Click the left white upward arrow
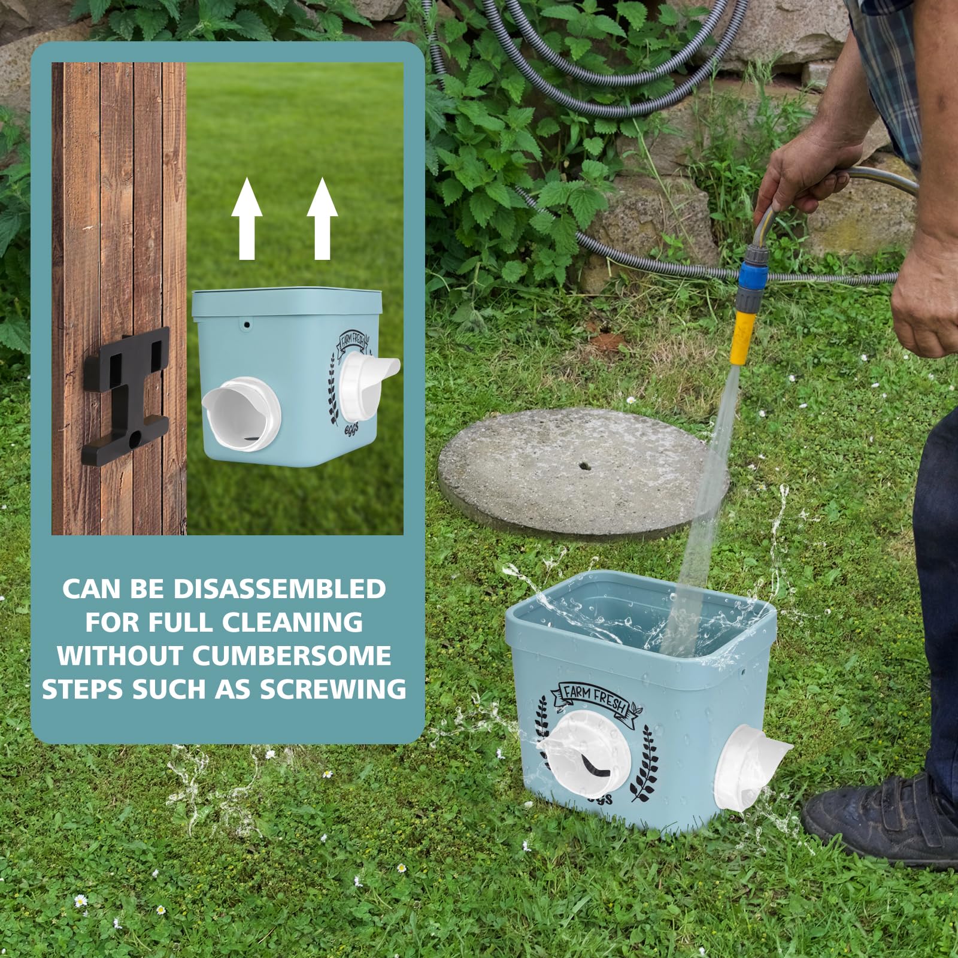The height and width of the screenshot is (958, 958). (x=247, y=220)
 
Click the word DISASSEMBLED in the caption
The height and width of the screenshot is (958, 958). (x=280, y=589)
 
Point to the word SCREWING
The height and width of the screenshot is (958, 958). (x=333, y=689)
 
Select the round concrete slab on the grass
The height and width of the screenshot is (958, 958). (x=583, y=471)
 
